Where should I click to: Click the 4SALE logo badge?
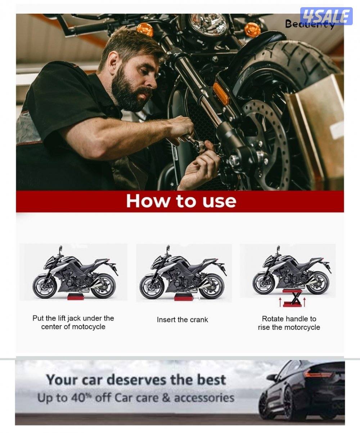click(x=326, y=16)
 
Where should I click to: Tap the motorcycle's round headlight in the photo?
click(x=208, y=24)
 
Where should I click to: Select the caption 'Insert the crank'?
click(x=182, y=320)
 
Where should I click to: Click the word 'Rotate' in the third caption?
click(x=271, y=319)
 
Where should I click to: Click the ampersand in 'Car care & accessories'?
click(x=166, y=398)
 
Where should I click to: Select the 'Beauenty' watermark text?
click(x=310, y=24)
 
